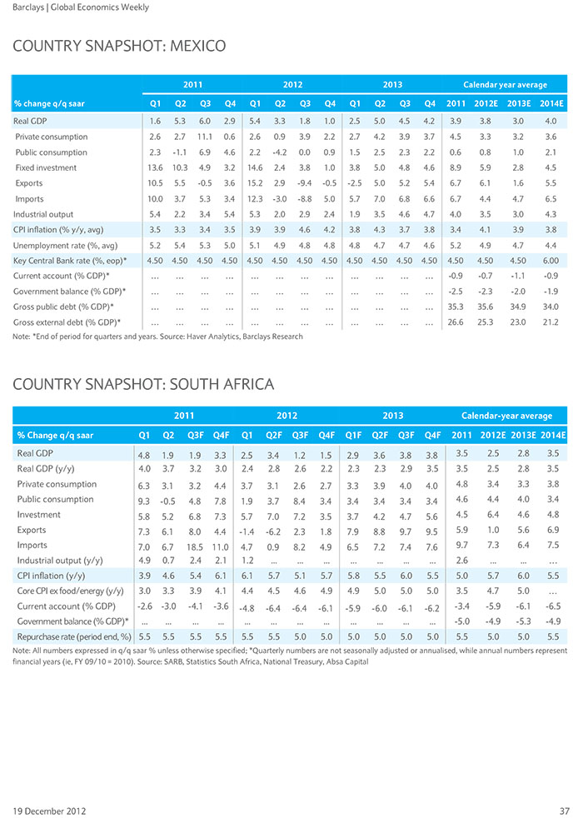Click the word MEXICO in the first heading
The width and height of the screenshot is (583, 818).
(x=197, y=46)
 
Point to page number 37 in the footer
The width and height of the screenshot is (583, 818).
(x=564, y=811)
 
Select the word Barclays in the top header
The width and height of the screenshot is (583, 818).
(x=28, y=7)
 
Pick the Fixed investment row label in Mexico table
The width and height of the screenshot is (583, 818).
(x=46, y=168)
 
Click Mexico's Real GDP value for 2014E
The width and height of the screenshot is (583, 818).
(x=551, y=121)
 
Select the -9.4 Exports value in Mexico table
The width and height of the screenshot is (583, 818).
(x=305, y=183)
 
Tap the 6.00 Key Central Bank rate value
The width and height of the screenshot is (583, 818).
(x=551, y=261)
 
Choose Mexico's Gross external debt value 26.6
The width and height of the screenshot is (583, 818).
(x=456, y=322)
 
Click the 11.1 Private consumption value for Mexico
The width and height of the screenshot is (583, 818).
(x=205, y=137)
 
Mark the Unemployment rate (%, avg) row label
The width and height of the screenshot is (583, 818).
(x=65, y=245)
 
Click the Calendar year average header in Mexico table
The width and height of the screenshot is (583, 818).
(x=505, y=84)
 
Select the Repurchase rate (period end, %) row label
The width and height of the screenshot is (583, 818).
(x=74, y=637)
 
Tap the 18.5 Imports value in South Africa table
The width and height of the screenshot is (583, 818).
(x=196, y=547)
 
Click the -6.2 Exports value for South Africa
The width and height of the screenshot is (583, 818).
(x=273, y=532)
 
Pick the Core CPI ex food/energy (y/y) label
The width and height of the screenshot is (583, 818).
(x=71, y=591)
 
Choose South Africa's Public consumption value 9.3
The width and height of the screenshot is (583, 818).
(x=144, y=501)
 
